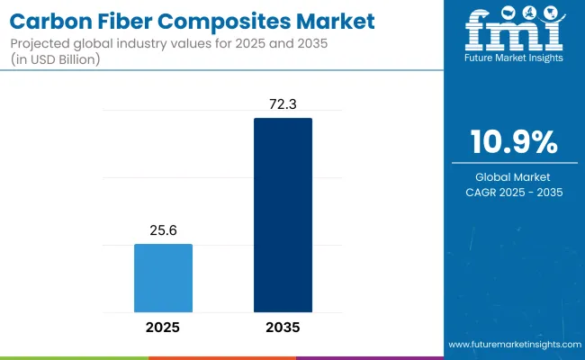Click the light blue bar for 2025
[163, 276]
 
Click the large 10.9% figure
[513, 143]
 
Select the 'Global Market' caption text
[513, 176]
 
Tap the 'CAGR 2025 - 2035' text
[513, 192]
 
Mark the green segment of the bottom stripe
[74, 357]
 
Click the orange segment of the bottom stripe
[221, 357]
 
